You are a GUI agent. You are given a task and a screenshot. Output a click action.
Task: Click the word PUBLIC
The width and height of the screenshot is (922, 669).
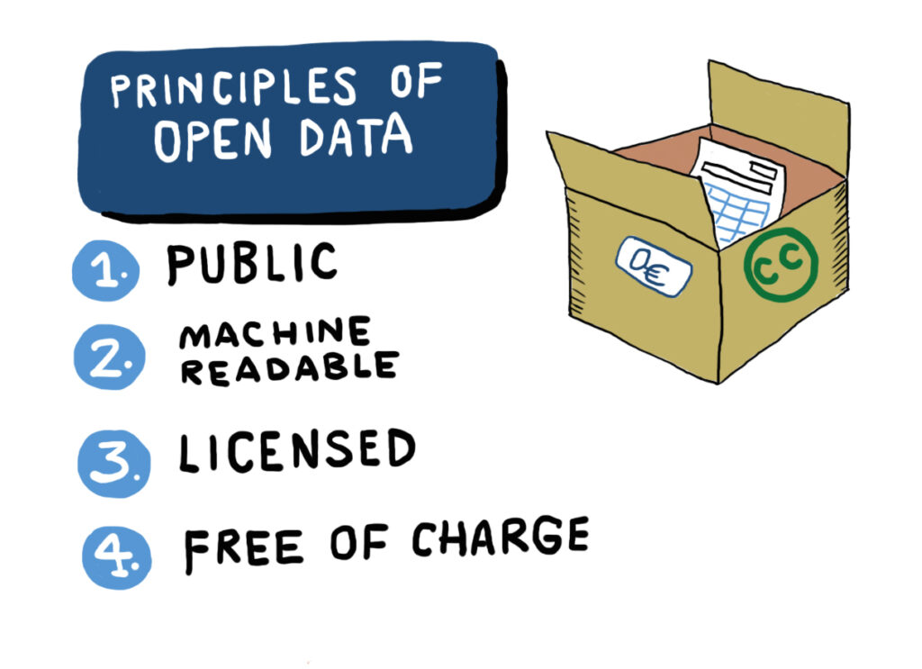point(251,264)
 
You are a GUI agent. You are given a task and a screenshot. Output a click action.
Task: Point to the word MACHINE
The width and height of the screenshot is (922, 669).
point(275,335)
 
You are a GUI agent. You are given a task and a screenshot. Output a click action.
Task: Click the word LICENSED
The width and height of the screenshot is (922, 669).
point(296,451)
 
